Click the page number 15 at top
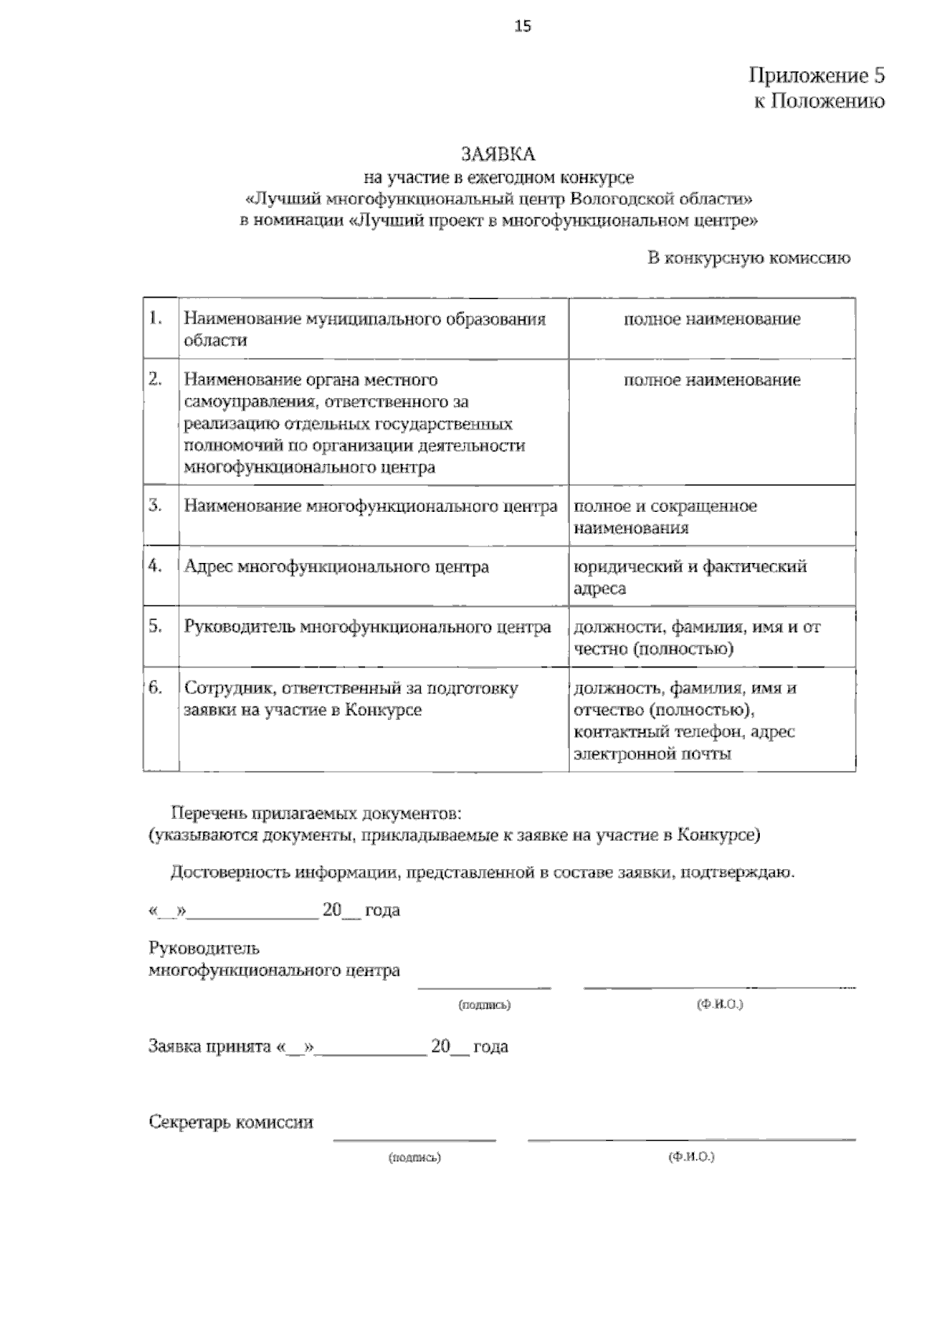point(523,27)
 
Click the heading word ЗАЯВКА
point(498,154)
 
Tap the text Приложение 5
point(816,76)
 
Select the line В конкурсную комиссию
point(748,258)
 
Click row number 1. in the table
point(155,319)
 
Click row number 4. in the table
point(155,566)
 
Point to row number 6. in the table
point(155,688)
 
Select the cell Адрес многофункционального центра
point(336,567)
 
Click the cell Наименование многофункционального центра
point(371,506)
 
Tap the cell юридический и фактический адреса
point(690,577)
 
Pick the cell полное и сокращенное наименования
point(665,517)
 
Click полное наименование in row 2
point(712,381)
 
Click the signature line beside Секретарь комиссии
point(414,1138)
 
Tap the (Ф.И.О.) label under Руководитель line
point(720,1005)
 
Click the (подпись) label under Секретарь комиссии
point(414,1157)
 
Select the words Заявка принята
point(210,1047)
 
